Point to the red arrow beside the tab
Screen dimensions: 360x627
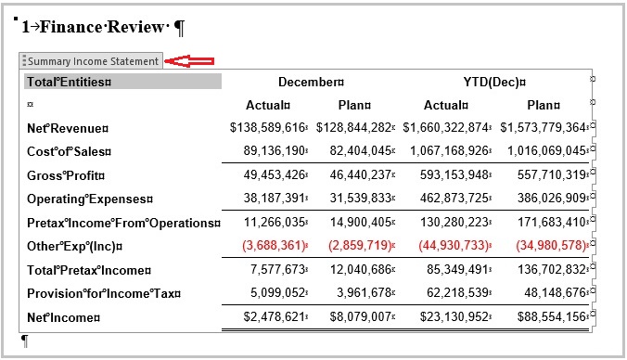(x=191, y=61)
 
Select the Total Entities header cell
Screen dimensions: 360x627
(x=69, y=82)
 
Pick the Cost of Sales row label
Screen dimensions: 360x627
(x=69, y=151)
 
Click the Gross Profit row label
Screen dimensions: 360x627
(x=66, y=175)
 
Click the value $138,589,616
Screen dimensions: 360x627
(x=267, y=127)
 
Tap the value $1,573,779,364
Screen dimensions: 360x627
(x=543, y=127)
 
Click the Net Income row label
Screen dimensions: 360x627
(x=62, y=318)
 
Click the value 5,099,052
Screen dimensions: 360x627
(x=275, y=293)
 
